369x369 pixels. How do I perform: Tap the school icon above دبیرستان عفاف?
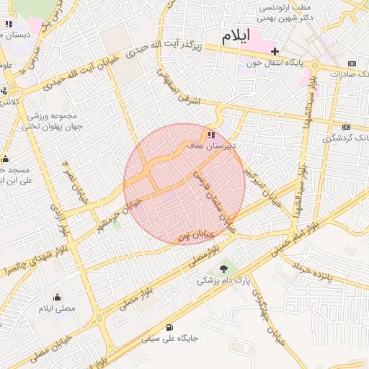(x=210, y=134)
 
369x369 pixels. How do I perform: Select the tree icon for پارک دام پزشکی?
(x=223, y=268)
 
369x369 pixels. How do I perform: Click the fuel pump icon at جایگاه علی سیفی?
(x=169, y=326)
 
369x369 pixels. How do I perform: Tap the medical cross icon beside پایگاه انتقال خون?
(x=275, y=51)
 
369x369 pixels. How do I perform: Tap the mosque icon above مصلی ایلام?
(x=57, y=297)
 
